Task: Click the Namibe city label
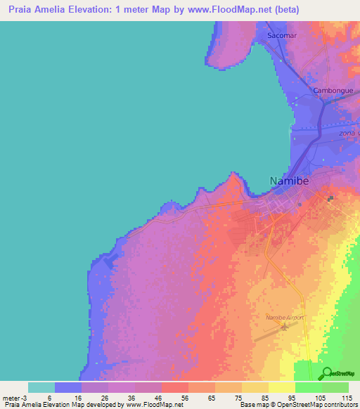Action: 289,181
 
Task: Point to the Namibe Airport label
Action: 285,318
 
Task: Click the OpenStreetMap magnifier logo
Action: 326,373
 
